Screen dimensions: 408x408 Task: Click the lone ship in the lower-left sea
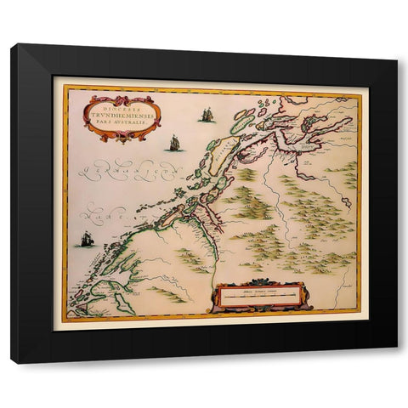click(x=87, y=240)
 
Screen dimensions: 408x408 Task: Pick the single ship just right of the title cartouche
click(x=174, y=143)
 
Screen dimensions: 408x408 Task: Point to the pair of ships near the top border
click(x=207, y=114)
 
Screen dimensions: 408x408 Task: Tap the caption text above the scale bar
click(x=255, y=290)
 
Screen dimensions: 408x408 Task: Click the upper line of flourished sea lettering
click(x=127, y=171)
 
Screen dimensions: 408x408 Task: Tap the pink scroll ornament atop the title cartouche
click(x=122, y=98)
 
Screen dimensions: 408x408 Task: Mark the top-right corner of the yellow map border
click(x=360, y=91)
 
